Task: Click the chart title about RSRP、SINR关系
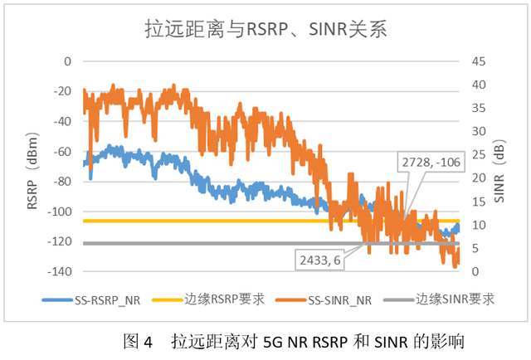[263, 31]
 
